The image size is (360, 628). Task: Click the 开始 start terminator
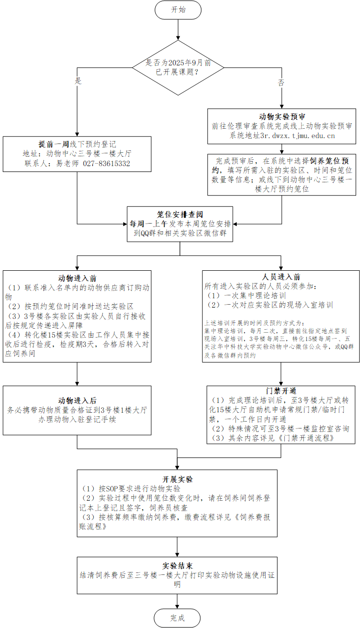coord(178,9)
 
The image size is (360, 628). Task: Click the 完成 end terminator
coord(178,618)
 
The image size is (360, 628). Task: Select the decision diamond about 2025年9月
coord(178,67)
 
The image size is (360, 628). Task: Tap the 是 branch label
coord(78,81)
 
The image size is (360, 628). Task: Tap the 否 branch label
coord(281,83)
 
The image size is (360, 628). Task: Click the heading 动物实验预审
coord(281,117)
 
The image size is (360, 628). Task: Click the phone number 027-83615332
coord(107,163)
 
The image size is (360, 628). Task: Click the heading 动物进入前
coord(78,279)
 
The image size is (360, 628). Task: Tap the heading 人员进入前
coord(281,277)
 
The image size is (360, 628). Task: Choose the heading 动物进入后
coord(78,400)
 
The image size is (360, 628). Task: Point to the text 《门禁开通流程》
coord(306,438)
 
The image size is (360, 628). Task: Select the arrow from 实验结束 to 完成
coord(178,599)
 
